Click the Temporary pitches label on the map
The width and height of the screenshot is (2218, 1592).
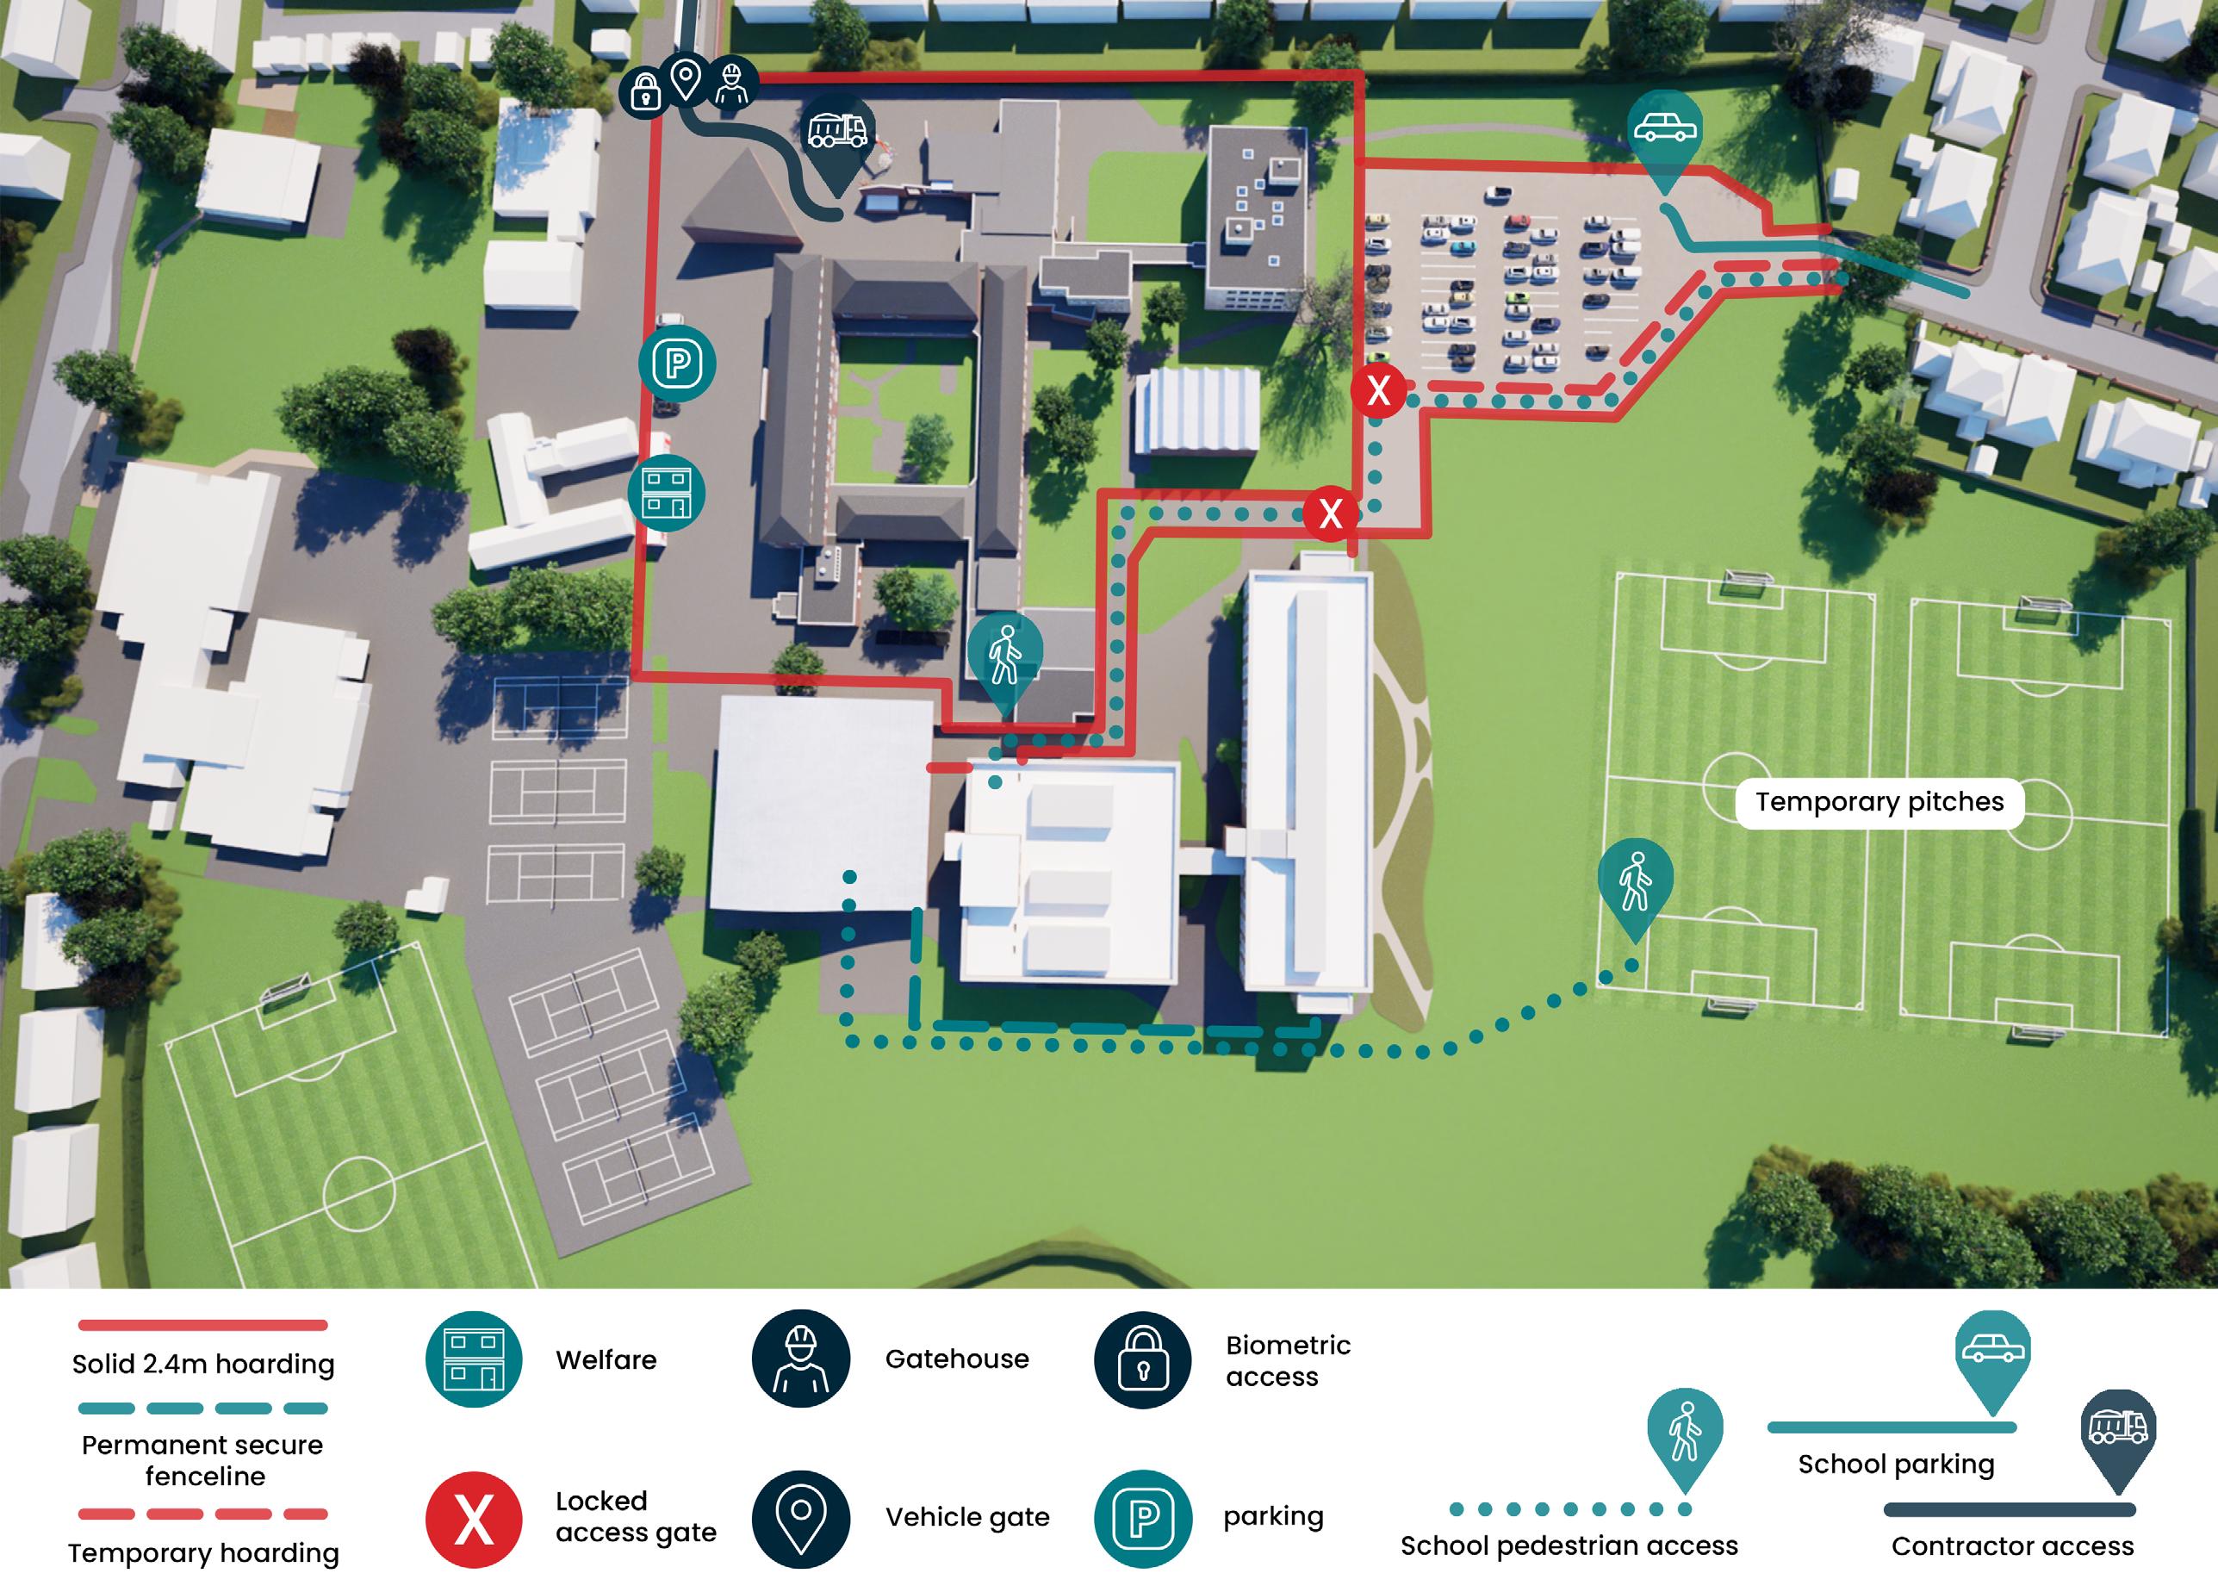pyautogui.click(x=1879, y=802)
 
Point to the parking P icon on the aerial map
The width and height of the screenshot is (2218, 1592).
pyautogui.click(x=677, y=364)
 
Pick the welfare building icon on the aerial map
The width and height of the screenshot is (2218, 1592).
pyautogui.click(x=666, y=492)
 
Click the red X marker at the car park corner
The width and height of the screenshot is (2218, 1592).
pyautogui.click(x=1378, y=391)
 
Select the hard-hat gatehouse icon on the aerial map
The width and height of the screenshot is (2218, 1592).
pyautogui.click(x=731, y=82)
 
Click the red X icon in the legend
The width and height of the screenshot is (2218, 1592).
pyautogui.click(x=474, y=1520)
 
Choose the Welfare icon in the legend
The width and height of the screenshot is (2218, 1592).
pyautogui.click(x=474, y=1359)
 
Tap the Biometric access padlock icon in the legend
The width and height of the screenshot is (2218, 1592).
pyautogui.click(x=1142, y=1359)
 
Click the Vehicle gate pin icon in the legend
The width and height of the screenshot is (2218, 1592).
pyautogui.click(x=800, y=1519)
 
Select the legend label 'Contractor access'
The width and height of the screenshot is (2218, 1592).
pyautogui.click(x=2011, y=1546)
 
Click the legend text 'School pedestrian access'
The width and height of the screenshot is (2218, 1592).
pyautogui.click(x=1569, y=1546)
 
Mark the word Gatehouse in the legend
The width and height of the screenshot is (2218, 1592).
pyautogui.click(x=956, y=1359)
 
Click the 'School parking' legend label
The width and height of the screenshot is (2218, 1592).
pyautogui.click(x=1895, y=1464)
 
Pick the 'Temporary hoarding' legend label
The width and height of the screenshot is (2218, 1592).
pyautogui.click(x=203, y=1553)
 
